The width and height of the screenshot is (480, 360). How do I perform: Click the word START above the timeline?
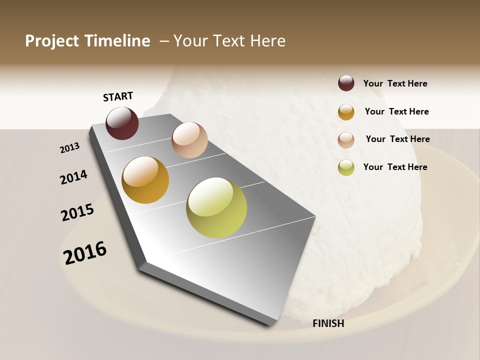click(118, 96)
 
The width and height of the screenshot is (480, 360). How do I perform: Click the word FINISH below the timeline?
click(328, 323)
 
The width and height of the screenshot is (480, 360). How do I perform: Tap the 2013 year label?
click(70, 148)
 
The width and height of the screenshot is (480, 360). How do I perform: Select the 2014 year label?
click(73, 177)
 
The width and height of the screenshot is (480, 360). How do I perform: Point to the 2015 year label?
click(77, 212)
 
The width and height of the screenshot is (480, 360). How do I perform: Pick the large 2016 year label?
click(85, 252)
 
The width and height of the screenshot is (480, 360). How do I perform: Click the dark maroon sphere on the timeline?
click(122, 123)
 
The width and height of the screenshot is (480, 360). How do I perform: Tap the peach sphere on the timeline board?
click(189, 140)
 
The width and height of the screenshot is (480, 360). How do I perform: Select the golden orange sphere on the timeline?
click(145, 180)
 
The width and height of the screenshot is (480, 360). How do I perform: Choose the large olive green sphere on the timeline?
click(216, 207)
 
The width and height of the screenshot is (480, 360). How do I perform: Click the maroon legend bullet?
click(346, 83)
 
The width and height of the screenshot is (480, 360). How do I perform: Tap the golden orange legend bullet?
click(346, 112)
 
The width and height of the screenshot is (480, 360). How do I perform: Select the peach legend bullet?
click(346, 140)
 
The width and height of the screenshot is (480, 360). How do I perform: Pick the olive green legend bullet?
click(346, 167)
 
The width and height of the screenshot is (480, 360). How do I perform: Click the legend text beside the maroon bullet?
click(395, 84)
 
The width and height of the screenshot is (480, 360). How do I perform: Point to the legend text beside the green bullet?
click(395, 167)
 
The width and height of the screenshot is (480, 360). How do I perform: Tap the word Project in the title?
click(52, 41)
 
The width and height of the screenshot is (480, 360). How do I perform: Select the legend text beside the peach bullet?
click(397, 139)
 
